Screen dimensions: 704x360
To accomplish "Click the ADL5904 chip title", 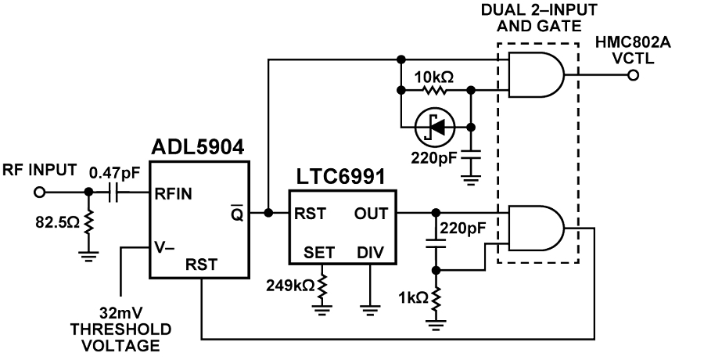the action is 199,147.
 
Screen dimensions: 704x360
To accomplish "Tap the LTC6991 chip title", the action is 341,177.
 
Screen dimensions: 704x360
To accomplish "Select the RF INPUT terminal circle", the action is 40,193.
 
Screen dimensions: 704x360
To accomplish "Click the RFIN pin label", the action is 174,194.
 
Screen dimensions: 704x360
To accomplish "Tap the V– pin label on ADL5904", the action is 164,247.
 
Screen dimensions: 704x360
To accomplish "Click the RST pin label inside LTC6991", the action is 311,214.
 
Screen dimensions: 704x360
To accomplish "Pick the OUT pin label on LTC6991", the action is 371,214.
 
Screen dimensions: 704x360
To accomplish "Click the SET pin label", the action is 319,253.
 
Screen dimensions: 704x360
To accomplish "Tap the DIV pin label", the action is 371,253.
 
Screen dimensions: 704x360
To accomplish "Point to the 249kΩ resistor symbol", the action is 322,285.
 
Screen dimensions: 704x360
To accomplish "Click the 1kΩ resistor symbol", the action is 436,298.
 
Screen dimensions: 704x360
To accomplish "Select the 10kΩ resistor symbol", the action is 435,91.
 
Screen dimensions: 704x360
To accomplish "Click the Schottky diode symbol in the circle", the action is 435,128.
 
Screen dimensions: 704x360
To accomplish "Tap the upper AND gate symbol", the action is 536,74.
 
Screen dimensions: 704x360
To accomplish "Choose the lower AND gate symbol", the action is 536,228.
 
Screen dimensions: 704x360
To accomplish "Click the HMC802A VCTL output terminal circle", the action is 633,75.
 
